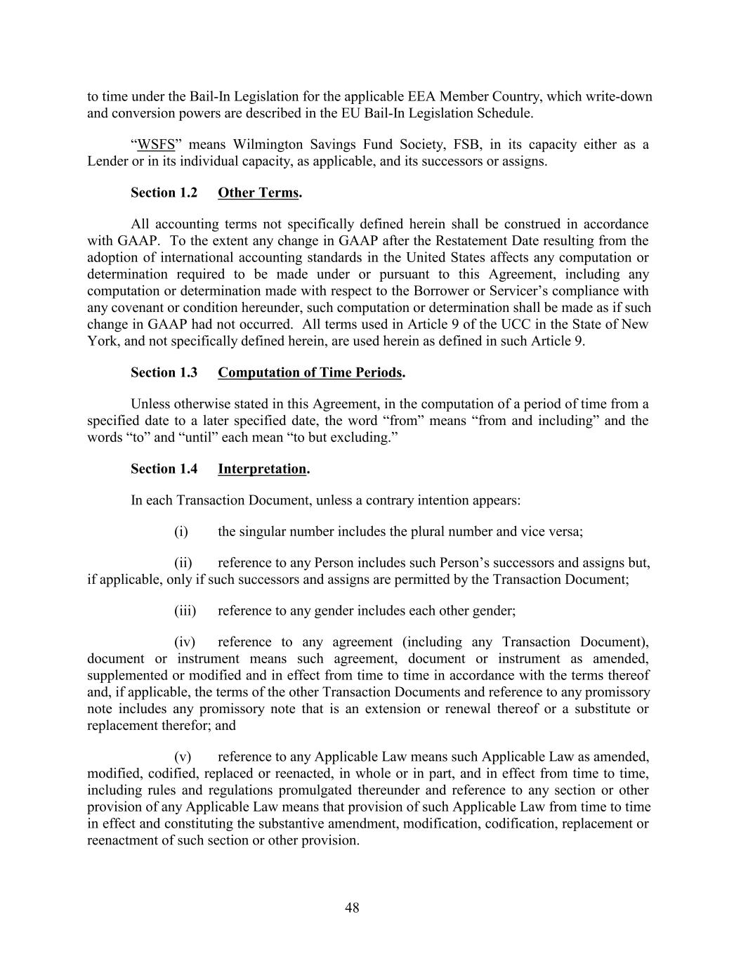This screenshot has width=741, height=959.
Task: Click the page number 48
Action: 352,908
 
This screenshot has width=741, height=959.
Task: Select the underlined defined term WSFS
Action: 155,145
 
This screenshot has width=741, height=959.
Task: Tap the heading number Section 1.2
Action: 164,193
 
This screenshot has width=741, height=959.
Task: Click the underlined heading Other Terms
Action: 258,193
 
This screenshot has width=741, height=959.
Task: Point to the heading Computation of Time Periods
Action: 310,372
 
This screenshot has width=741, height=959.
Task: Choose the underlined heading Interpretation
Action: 262,469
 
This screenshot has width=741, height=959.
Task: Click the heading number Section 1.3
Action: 164,372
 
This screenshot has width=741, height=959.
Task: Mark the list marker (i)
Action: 181,531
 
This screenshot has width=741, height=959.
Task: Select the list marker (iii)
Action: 185,611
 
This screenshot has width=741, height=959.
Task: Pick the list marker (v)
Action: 183,757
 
